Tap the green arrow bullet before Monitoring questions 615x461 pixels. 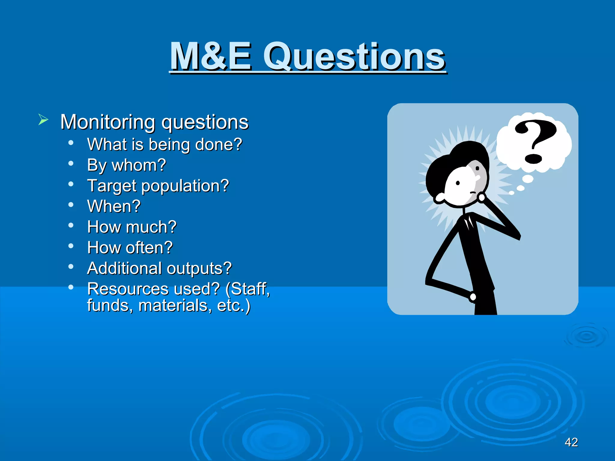click(43, 120)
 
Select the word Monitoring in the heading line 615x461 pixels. click(108, 122)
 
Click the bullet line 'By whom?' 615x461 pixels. click(126, 165)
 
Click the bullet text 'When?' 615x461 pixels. click(114, 206)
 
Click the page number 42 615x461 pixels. click(571, 442)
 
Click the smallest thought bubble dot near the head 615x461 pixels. click(512, 193)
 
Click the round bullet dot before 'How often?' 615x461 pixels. click(71, 246)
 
